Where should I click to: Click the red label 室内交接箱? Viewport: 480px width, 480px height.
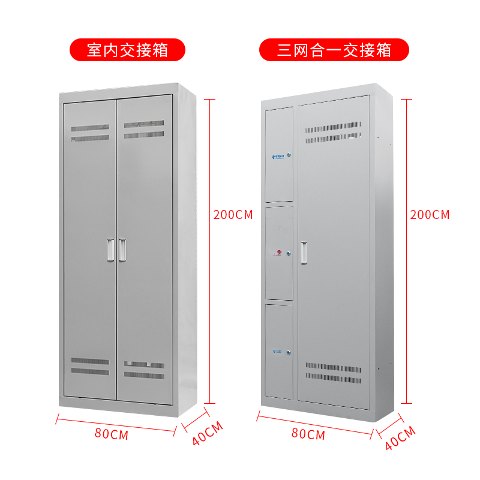click(127, 49)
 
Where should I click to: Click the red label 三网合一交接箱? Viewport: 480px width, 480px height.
click(334, 49)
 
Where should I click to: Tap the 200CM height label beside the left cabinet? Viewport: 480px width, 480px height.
click(233, 215)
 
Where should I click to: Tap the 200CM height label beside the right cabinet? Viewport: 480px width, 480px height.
click(430, 215)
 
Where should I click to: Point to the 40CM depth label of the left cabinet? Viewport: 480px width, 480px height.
click(208, 433)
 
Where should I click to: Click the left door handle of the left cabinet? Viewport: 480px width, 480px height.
click(110, 250)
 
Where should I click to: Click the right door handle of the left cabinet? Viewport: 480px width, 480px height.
click(122, 250)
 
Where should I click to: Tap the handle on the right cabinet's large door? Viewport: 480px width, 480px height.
click(304, 252)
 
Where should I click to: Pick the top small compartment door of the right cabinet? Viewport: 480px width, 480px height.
click(279, 155)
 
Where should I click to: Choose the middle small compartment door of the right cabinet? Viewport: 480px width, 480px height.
click(279, 253)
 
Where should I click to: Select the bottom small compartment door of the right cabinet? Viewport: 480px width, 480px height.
click(279, 351)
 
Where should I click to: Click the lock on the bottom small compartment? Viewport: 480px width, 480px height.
click(289, 352)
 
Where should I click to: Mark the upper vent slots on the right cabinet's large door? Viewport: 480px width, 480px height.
click(333, 133)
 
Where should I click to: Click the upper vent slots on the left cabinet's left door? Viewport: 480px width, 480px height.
click(90, 133)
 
